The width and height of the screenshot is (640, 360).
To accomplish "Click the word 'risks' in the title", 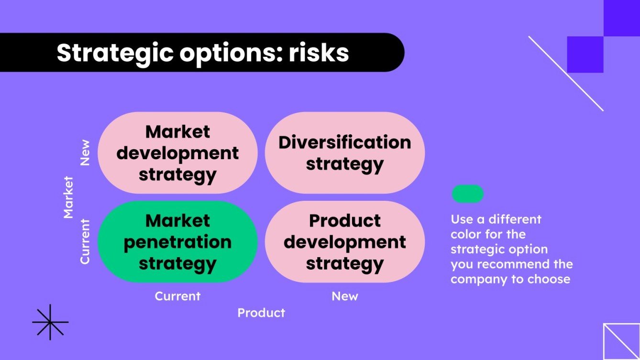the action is (319, 53).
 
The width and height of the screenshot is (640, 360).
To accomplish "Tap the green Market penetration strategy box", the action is (177, 242).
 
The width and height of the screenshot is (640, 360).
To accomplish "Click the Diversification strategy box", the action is (345, 153).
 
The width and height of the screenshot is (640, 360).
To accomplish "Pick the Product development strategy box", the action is (345, 242).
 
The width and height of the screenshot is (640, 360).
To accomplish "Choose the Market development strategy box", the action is (177, 153).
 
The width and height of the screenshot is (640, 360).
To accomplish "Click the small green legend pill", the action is (467, 194).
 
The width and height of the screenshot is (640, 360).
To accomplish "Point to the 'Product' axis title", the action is (261, 313).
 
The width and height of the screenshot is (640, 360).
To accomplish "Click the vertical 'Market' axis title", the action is (68, 197).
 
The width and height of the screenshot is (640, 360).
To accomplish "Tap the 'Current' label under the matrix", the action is (177, 296).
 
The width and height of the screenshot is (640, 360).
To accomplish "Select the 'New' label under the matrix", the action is (345, 296).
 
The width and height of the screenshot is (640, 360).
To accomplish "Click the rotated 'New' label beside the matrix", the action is (85, 153).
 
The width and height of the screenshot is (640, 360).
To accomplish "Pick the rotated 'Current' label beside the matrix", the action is (85, 241).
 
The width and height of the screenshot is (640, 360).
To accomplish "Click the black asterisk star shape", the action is (50, 322).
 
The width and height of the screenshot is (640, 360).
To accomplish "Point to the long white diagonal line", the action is (566, 74).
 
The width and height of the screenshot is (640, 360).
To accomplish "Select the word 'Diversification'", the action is (345, 142).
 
